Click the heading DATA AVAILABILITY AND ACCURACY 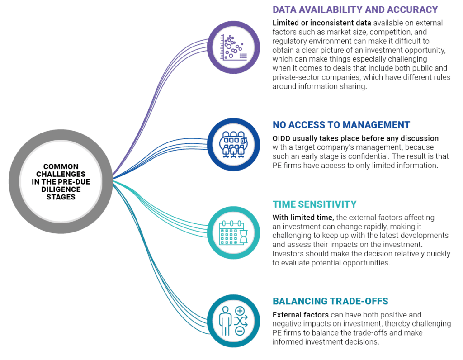coord(355,10)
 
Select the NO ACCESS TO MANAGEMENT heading coord(341,125)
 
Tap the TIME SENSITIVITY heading coord(315,204)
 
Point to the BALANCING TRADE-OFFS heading coord(330,301)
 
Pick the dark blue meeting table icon coord(234,144)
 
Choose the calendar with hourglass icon coord(233,232)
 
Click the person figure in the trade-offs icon coord(225,321)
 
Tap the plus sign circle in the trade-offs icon coord(240,311)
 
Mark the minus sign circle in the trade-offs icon coord(240,331)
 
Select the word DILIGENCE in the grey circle coord(61,189)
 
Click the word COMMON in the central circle coord(61,166)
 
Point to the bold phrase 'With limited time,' coord(303,218)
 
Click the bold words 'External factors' coord(300,315)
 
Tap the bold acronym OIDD coord(281,138)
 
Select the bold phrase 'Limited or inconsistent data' coord(321,23)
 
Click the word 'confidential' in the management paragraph coord(368,156)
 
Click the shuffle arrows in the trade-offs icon coord(241,321)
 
